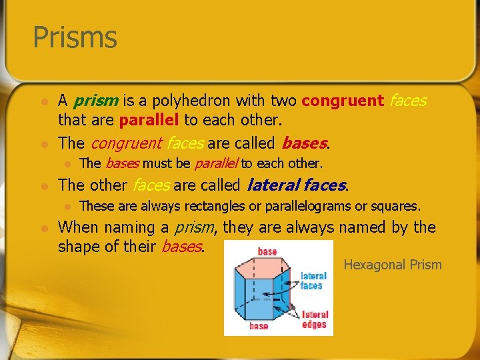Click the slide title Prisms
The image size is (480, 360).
[75, 37]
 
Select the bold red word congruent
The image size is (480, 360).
[343, 101]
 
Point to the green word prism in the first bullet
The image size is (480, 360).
[96, 101]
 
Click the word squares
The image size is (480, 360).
[395, 206]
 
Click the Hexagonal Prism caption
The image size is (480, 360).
[393, 265]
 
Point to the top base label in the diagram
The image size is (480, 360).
[267, 251]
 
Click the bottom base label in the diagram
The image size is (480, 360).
[259, 326]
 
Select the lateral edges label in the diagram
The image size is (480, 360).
[314, 319]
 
